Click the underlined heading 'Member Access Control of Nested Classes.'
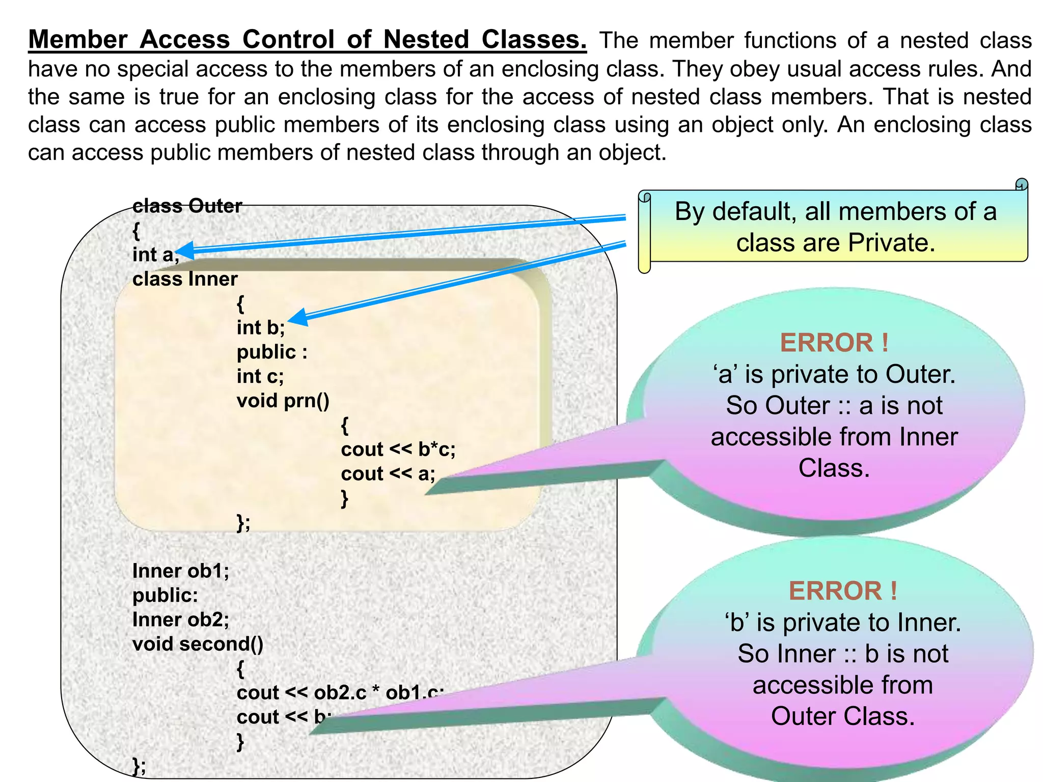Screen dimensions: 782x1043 click(x=307, y=40)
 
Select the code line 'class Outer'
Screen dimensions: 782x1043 click(x=187, y=206)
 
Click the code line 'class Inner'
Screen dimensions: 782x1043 click(x=185, y=279)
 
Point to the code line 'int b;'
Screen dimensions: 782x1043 click(x=260, y=327)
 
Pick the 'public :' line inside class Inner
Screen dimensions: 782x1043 click(x=272, y=352)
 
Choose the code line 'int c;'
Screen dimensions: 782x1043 click(x=260, y=376)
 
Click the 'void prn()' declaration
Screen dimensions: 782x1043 click(x=283, y=401)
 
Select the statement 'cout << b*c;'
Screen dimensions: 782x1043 click(x=398, y=449)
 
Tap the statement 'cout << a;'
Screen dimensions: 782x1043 click(x=388, y=473)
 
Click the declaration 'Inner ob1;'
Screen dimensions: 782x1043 click(x=180, y=571)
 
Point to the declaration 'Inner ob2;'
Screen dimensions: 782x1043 click(x=180, y=620)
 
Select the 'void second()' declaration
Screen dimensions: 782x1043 click(x=198, y=644)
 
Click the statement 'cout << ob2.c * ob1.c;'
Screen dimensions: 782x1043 click(x=340, y=692)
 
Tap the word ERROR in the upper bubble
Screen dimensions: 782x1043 click(x=827, y=343)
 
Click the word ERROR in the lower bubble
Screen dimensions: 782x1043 click(x=835, y=591)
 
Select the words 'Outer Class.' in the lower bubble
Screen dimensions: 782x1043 click(x=843, y=716)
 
